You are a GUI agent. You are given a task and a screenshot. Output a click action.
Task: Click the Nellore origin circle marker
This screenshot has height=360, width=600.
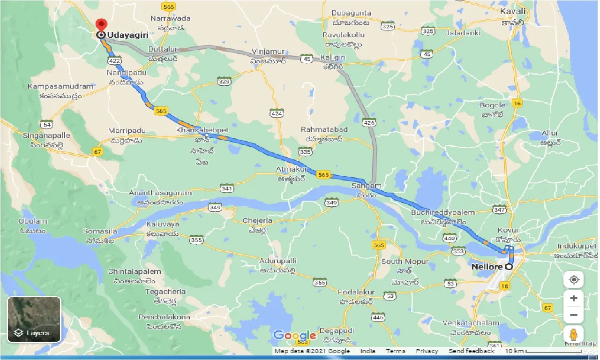pyautogui.click(x=508, y=266)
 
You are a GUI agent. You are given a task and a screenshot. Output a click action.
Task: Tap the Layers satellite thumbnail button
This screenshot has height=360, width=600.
pyautogui.click(x=34, y=319)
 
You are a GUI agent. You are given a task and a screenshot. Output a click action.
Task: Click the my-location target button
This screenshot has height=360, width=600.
pyautogui.click(x=574, y=280)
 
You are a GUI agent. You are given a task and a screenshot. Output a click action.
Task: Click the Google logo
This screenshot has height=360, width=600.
pyautogui.click(x=294, y=336)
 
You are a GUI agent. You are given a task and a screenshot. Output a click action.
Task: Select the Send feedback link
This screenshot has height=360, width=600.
pyautogui.click(x=471, y=351)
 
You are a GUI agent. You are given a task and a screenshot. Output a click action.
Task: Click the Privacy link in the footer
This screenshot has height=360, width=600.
pyautogui.click(x=427, y=351)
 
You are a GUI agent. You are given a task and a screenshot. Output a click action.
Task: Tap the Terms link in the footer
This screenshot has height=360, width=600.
pyautogui.click(x=396, y=351)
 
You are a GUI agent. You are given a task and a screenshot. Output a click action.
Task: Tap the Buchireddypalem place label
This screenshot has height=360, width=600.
pyautogui.click(x=443, y=212)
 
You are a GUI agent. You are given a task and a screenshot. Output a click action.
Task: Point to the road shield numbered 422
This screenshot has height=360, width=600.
pyautogui.click(x=114, y=61)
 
